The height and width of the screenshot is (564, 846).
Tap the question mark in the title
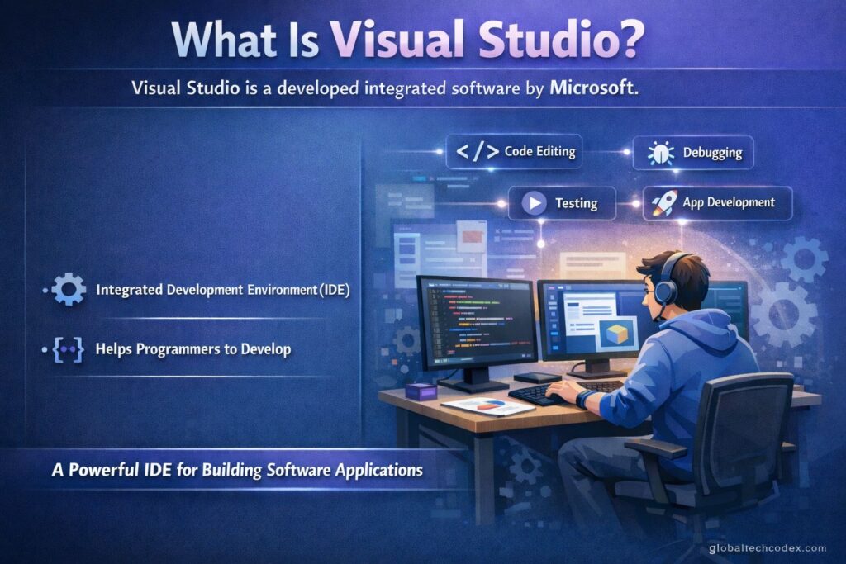[x=628, y=40]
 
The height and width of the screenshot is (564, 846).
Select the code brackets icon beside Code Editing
[x=477, y=151]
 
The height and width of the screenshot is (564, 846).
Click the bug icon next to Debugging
[x=660, y=153]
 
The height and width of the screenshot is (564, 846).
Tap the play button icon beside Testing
[x=535, y=203]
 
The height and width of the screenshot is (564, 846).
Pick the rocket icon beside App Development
[x=664, y=203]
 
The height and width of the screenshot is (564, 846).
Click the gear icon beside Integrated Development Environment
[x=69, y=290]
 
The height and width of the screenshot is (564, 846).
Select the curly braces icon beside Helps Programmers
[x=69, y=350]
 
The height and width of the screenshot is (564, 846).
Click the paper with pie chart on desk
[x=487, y=406]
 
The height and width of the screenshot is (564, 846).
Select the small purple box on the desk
[x=421, y=391]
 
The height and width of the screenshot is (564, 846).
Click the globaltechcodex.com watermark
[x=768, y=548]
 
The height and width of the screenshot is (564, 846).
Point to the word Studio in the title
[x=545, y=40]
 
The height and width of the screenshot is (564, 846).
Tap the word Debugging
[x=712, y=153]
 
